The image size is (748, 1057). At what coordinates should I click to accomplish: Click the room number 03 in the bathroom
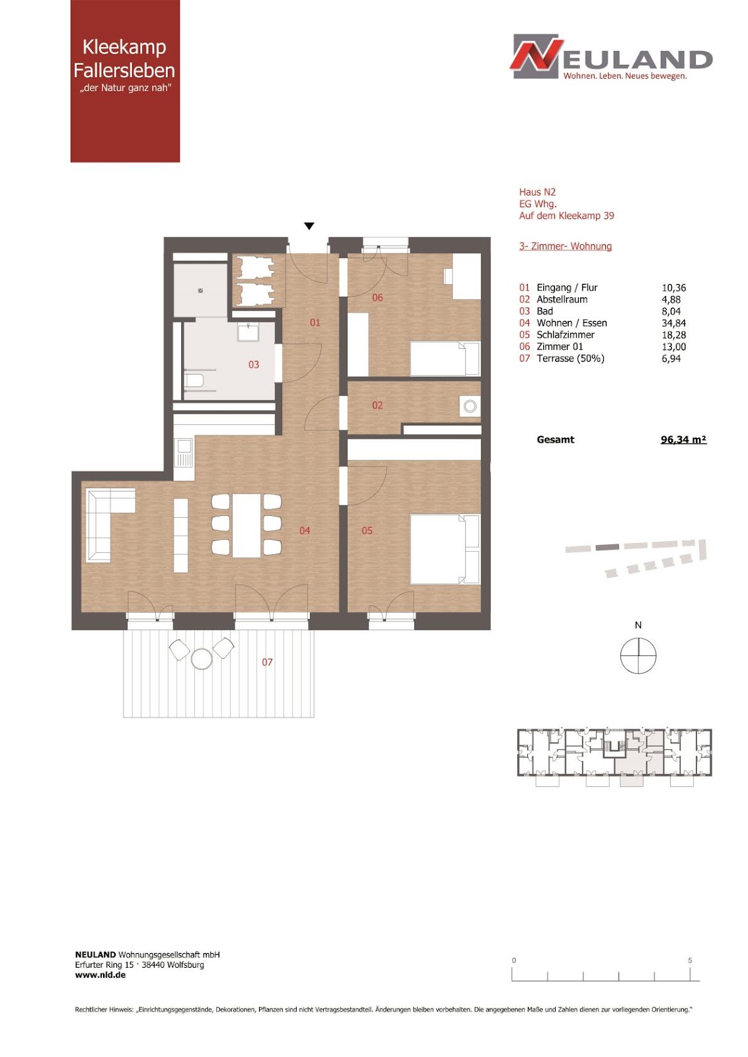[254, 364]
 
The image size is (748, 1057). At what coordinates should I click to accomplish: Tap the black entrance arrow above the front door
[309, 226]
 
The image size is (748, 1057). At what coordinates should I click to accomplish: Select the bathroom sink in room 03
[248, 332]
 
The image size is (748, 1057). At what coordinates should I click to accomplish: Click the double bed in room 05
[445, 549]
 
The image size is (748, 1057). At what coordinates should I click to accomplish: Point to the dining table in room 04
[246, 525]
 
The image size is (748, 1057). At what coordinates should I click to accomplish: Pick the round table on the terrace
[202, 659]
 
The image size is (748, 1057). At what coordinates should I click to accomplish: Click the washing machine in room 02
[470, 406]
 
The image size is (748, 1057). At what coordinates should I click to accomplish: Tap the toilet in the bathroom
[194, 381]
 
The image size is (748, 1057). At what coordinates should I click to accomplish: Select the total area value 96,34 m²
[683, 440]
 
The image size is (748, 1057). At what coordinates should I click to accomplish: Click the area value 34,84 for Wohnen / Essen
[673, 323]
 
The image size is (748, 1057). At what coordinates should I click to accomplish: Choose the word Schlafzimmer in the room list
[566, 335]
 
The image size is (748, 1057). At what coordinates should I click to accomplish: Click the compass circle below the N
[638, 655]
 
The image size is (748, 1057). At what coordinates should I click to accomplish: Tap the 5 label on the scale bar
[690, 961]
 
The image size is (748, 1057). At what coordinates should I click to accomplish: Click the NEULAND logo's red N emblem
[537, 56]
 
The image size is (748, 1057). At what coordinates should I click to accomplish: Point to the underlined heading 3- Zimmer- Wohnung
[566, 246]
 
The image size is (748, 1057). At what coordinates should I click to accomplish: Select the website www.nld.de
[100, 975]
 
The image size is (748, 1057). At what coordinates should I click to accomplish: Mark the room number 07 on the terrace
[267, 663]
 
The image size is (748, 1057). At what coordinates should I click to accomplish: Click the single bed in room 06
[445, 359]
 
